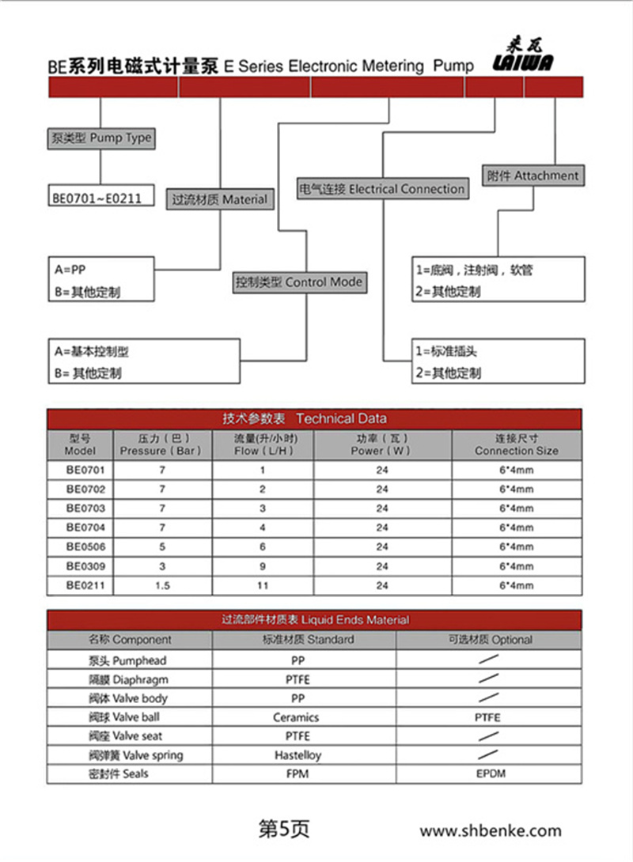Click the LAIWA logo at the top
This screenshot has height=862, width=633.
pyautogui.click(x=525, y=55)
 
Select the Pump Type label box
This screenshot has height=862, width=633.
pyautogui.click(x=100, y=138)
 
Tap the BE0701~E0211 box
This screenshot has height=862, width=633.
pyautogui.click(x=100, y=198)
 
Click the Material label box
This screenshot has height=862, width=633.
pyautogui.click(x=220, y=199)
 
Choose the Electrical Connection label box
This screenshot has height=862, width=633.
pyautogui.click(x=381, y=189)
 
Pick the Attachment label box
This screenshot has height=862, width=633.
pyautogui.click(x=533, y=176)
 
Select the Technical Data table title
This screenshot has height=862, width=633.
pyautogui.click(x=315, y=418)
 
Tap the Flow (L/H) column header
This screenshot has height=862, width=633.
pyautogui.click(x=263, y=444)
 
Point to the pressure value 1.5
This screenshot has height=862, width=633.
pyautogui.click(x=162, y=585)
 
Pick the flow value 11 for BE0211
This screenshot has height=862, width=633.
pyautogui.click(x=263, y=585)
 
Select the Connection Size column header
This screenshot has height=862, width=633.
pyautogui.click(x=516, y=444)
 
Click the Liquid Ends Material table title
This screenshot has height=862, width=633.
pyautogui.click(x=315, y=620)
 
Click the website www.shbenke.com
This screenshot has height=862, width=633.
pyautogui.click(x=490, y=830)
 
